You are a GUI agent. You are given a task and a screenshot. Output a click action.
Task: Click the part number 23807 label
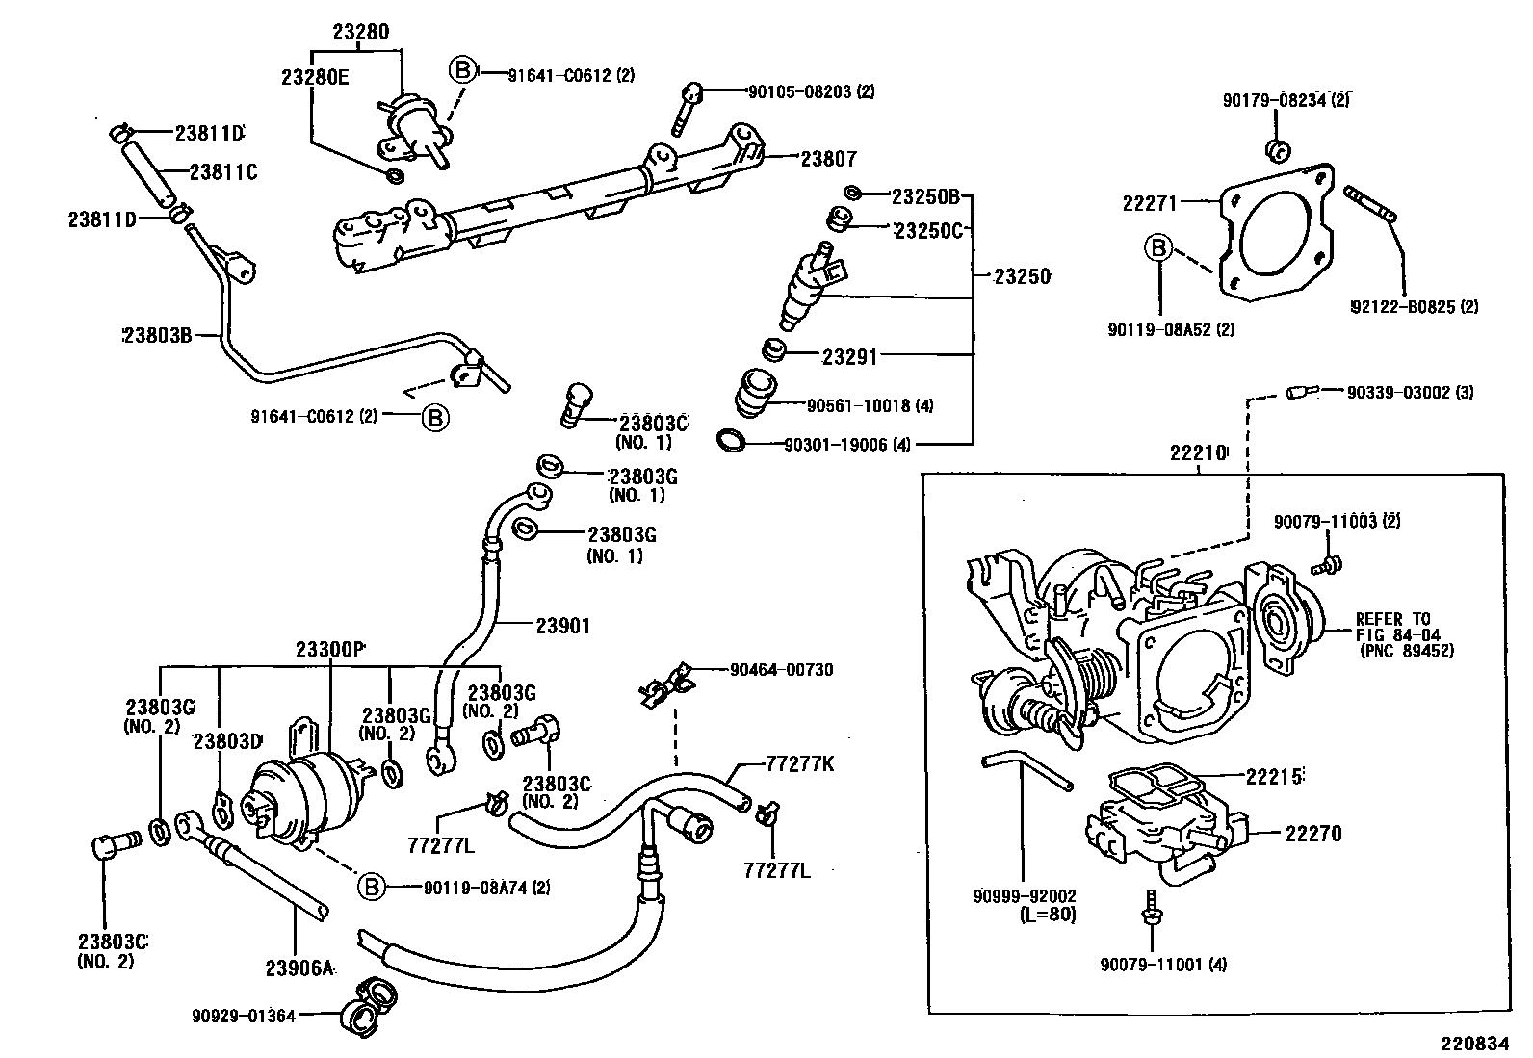coord(828,159)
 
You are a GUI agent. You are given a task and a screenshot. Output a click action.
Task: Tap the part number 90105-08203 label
coord(811,92)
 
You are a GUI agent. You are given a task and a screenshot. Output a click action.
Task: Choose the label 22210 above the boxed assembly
coord(1198,452)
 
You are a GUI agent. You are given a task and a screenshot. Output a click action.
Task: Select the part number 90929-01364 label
coord(243,1014)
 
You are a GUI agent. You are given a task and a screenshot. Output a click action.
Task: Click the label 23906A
coord(299,968)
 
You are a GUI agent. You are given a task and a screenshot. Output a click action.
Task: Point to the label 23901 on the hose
coord(562,626)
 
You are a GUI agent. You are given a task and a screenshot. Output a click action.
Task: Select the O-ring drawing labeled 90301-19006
coord(732,442)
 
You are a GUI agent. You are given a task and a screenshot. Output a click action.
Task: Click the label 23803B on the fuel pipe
coord(160,335)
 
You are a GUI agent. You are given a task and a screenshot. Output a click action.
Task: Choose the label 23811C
coord(223,172)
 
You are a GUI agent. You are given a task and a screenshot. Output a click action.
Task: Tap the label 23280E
coord(315,78)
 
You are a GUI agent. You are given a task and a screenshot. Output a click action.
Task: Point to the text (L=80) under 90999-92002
coord(1047,915)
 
